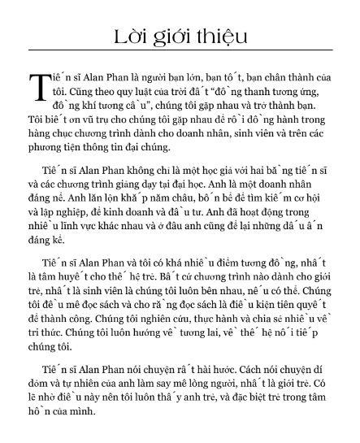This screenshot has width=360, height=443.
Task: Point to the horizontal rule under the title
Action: [x=180, y=54]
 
